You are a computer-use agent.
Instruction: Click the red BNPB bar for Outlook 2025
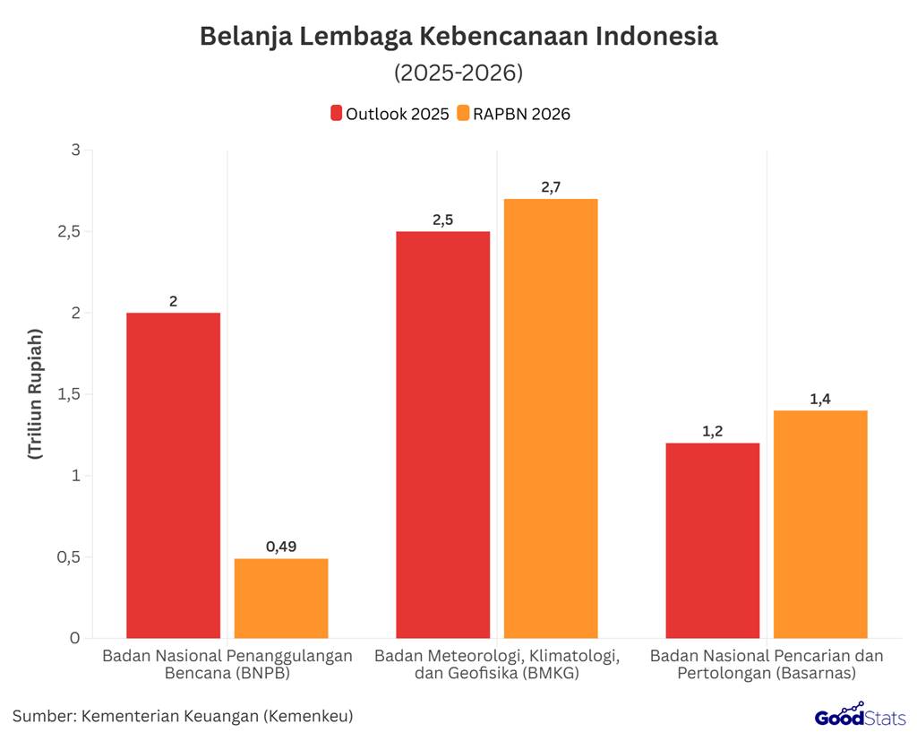pyautogui.click(x=173, y=475)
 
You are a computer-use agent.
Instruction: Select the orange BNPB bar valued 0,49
pyautogui.click(x=281, y=599)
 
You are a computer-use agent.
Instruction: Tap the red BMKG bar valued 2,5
pyautogui.click(x=443, y=435)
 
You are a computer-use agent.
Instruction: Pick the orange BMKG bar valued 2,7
pyautogui.click(x=551, y=418)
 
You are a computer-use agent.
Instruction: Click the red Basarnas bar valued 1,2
pyautogui.click(x=713, y=540)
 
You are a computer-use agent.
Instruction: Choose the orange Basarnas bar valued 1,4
pyautogui.click(x=820, y=524)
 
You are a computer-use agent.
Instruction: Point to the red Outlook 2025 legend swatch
pyautogui.click(x=336, y=114)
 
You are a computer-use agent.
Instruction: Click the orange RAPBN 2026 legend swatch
pyautogui.click(x=462, y=114)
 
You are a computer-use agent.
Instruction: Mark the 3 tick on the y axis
pyautogui.click(x=75, y=151)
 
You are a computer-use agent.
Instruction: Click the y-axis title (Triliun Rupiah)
pyautogui.click(x=35, y=394)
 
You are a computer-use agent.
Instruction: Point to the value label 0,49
pyautogui.click(x=281, y=546)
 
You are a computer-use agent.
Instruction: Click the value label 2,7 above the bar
pyautogui.click(x=551, y=187)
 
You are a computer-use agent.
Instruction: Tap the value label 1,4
pyautogui.click(x=820, y=399)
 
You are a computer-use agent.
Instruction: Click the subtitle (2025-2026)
pyautogui.click(x=458, y=72)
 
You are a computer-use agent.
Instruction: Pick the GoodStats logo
pyautogui.click(x=861, y=715)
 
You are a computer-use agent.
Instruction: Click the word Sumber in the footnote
pyautogui.click(x=43, y=716)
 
